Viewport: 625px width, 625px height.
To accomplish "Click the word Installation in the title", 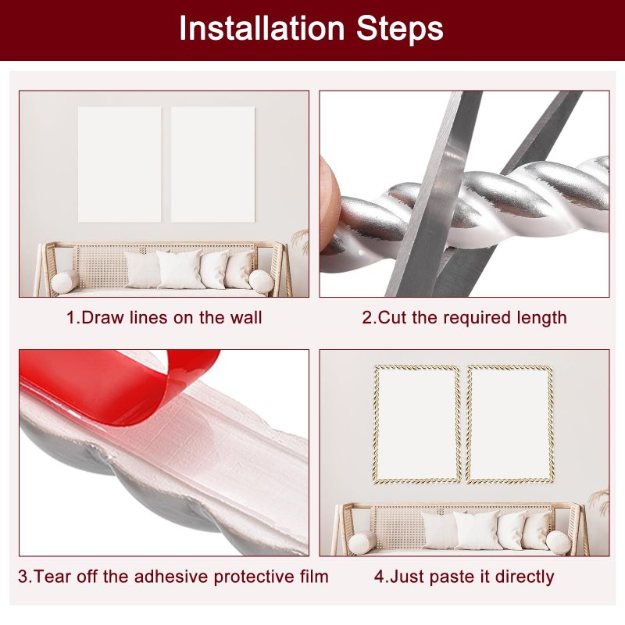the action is tap(262, 28).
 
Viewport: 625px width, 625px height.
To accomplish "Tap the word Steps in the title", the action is tap(400, 28).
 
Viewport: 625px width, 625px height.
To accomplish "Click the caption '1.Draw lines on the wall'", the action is tap(164, 318).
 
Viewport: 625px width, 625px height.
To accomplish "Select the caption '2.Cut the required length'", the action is tap(464, 318).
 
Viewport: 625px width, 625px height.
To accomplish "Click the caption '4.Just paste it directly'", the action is tap(464, 577).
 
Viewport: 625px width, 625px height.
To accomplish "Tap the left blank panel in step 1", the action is tap(120, 164).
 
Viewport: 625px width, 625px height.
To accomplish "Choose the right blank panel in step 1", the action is tap(212, 164).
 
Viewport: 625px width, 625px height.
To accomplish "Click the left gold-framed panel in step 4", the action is tap(417, 424).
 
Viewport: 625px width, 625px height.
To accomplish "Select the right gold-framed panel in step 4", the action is tap(510, 424).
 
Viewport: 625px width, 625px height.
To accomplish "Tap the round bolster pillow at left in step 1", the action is tap(65, 282).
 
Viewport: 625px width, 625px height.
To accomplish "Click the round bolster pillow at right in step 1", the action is tap(262, 282).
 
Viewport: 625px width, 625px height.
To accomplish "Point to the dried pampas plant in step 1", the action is tap(301, 241).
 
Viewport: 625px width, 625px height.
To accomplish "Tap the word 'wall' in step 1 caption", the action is tap(246, 318).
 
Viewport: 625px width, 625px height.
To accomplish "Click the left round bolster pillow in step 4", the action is tap(362, 542).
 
